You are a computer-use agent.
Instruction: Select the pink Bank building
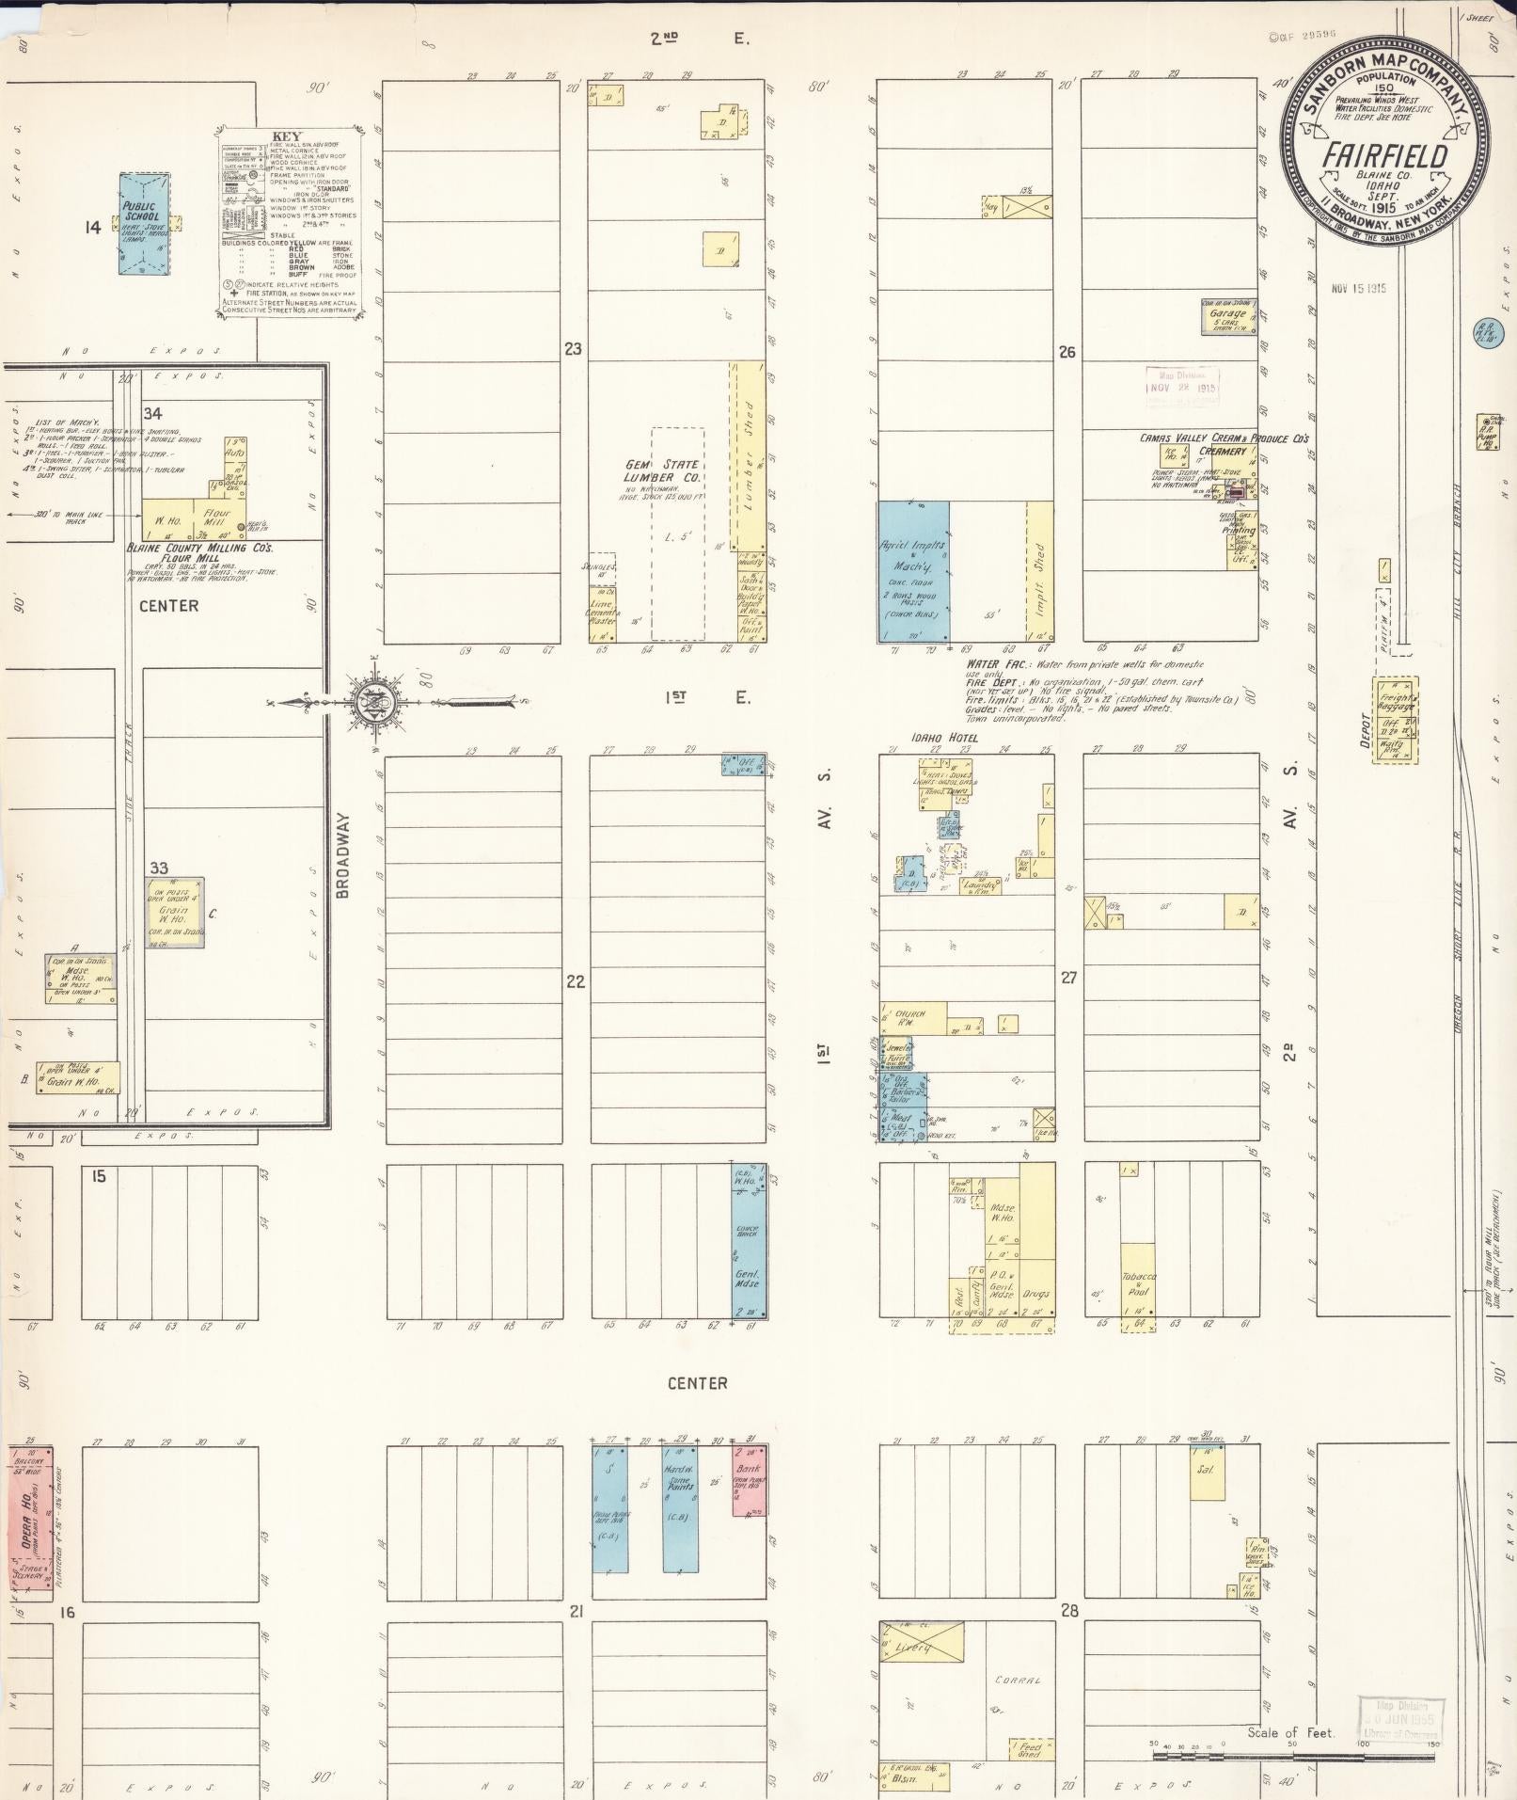749,1480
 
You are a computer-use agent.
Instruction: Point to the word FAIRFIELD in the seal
1385,156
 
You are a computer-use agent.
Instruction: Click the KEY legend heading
287,136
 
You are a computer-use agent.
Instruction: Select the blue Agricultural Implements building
912,571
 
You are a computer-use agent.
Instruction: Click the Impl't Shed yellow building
1039,571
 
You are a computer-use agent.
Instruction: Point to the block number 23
573,349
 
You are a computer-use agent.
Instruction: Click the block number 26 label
1066,353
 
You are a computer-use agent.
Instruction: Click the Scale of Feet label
1290,1732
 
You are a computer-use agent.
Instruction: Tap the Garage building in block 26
1228,317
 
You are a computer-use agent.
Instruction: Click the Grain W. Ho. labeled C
174,912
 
